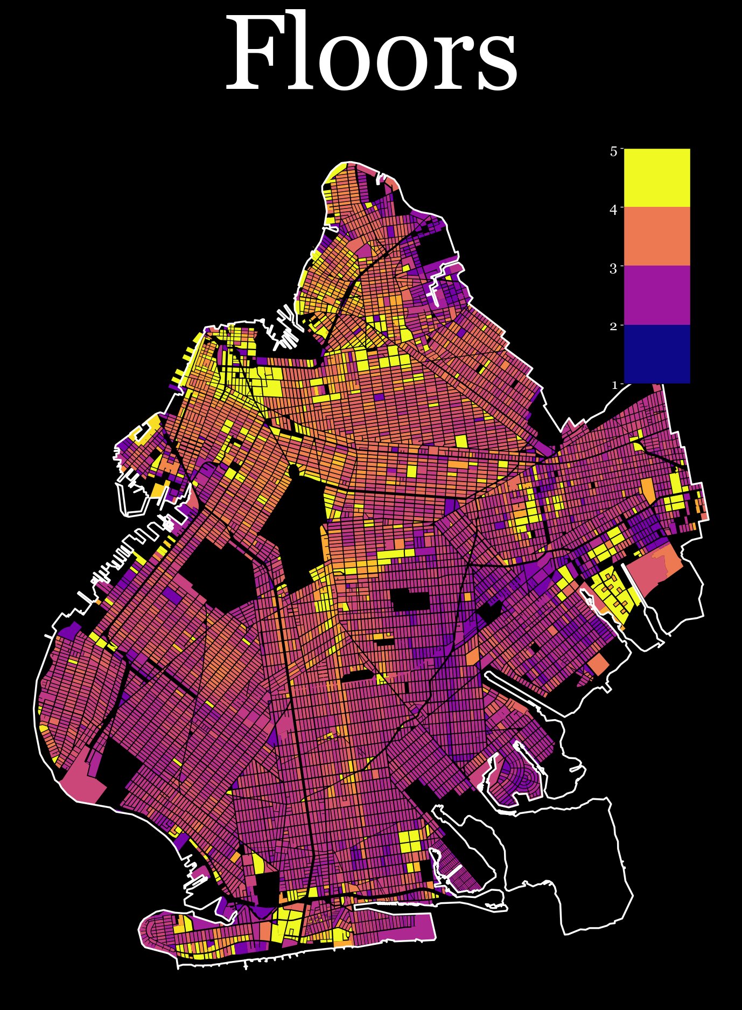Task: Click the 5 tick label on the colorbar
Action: point(613,152)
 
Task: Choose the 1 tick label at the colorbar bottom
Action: point(613,385)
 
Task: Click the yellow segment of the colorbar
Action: point(656,177)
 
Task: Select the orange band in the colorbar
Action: point(656,236)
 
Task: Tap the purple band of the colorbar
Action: point(656,295)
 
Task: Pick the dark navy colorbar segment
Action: point(656,353)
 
